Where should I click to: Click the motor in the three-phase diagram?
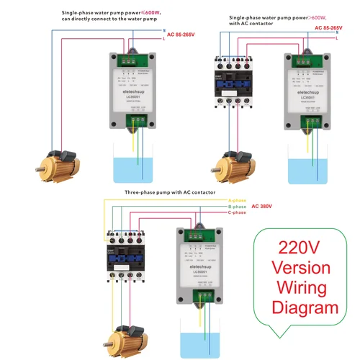point(128,339)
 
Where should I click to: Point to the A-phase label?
point(238,199)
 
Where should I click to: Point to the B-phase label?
point(238,206)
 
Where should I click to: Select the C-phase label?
point(238,212)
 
